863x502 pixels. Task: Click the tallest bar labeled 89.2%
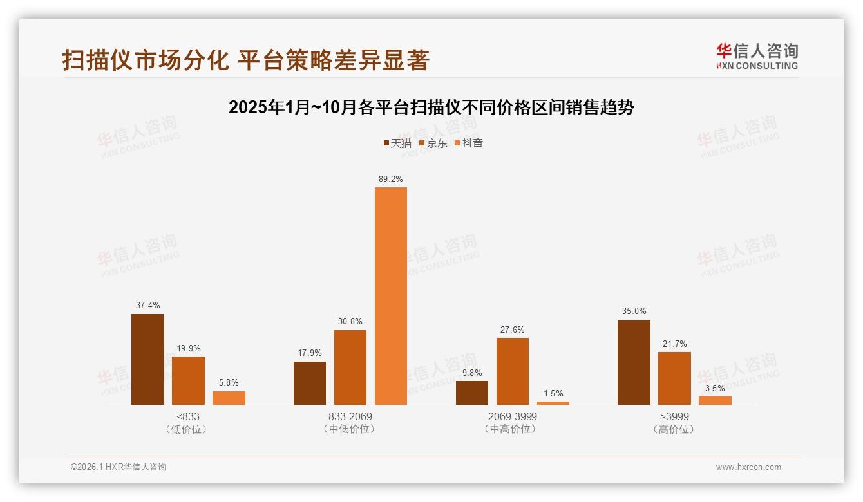pyautogui.click(x=391, y=296)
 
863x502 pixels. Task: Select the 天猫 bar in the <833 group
pyautogui.click(x=147, y=359)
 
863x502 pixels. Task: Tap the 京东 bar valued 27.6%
pyautogui.click(x=512, y=371)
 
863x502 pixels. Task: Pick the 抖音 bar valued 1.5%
pyautogui.click(x=553, y=403)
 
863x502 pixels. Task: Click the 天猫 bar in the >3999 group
pyautogui.click(x=634, y=362)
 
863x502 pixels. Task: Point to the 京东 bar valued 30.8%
pyautogui.click(x=350, y=367)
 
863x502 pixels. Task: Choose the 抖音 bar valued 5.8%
pyautogui.click(x=229, y=398)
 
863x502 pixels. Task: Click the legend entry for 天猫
pyautogui.click(x=397, y=143)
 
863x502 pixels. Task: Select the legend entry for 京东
pyautogui.click(x=433, y=143)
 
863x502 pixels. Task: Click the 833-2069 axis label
pyautogui.click(x=350, y=417)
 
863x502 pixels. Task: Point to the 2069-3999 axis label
pyautogui.click(x=512, y=417)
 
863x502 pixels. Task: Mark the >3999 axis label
pyautogui.click(x=674, y=417)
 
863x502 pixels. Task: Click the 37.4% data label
pyautogui.click(x=147, y=305)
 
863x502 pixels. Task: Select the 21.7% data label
pyautogui.click(x=674, y=344)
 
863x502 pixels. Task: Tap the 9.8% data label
pyautogui.click(x=471, y=373)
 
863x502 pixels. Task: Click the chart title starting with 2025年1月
pyautogui.click(x=431, y=107)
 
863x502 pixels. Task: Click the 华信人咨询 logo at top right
pyautogui.click(x=757, y=56)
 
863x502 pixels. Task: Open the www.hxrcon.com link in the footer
pyautogui.click(x=748, y=467)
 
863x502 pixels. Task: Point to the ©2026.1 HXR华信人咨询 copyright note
pyautogui.click(x=119, y=467)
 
